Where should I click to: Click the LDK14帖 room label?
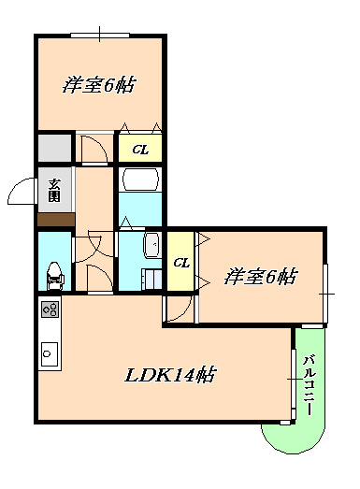click(171, 375)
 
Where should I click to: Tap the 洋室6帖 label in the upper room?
click(99, 85)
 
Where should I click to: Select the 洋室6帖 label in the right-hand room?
click(261, 277)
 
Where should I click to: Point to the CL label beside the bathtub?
click(138, 149)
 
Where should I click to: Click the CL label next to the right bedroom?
click(181, 263)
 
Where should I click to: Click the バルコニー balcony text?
click(308, 384)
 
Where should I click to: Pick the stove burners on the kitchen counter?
click(50, 309)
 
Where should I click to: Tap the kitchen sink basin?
click(49, 354)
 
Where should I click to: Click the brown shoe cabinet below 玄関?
click(55, 219)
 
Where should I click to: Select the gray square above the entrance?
click(54, 148)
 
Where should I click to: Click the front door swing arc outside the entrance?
click(21, 192)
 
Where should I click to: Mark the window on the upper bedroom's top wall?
click(99, 36)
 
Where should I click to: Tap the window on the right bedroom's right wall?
click(325, 294)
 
